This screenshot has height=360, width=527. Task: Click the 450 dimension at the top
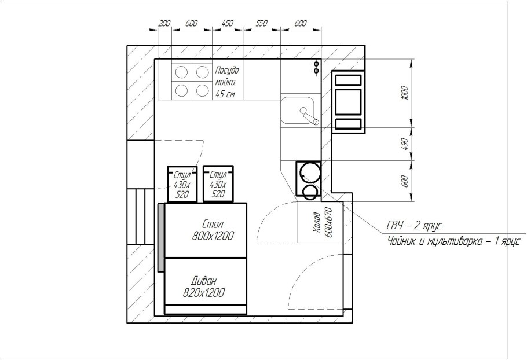click(x=228, y=23)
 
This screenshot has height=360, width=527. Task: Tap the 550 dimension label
click(x=262, y=23)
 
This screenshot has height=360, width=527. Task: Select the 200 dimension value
click(x=164, y=23)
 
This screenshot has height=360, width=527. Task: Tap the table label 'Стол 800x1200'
click(x=213, y=230)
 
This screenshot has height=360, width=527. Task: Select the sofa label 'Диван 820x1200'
click(x=204, y=286)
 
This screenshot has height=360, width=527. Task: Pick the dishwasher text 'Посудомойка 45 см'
click(x=227, y=82)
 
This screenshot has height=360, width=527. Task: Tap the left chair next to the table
click(x=182, y=184)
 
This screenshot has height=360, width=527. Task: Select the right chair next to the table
click(x=218, y=183)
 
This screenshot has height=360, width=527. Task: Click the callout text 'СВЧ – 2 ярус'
click(x=413, y=226)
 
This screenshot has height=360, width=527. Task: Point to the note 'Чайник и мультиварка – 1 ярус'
click(x=453, y=241)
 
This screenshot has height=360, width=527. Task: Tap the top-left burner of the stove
click(x=181, y=72)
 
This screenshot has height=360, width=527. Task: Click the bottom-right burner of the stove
click(x=202, y=90)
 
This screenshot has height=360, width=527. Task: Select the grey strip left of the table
click(x=160, y=237)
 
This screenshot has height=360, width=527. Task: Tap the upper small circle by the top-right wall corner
click(x=316, y=64)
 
